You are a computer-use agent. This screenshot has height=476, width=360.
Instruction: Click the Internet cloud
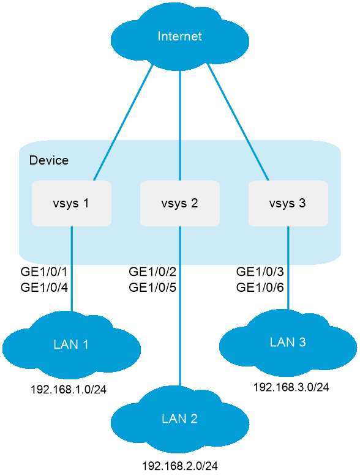(180, 37)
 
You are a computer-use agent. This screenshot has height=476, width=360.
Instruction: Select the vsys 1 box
(72, 203)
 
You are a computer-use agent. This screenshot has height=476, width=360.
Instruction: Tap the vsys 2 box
(180, 203)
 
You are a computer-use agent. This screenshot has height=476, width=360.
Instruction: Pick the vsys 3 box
(288, 203)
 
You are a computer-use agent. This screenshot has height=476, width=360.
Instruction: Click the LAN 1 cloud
(72, 345)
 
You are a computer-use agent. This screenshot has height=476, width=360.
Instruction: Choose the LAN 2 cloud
(180, 420)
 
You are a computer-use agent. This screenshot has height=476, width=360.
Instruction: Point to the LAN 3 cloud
(288, 343)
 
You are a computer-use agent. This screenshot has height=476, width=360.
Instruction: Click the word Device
(49, 160)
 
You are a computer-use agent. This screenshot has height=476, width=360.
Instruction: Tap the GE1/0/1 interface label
(44, 272)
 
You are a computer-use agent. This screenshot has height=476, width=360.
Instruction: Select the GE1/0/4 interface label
(44, 287)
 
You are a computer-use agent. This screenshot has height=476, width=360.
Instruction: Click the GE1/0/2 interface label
(152, 272)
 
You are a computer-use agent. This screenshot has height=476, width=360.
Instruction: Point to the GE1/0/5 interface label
(152, 287)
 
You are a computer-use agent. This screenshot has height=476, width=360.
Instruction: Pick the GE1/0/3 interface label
(260, 272)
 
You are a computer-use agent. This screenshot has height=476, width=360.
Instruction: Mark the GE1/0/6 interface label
(260, 287)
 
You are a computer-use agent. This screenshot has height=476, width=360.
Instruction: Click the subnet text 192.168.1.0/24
(69, 390)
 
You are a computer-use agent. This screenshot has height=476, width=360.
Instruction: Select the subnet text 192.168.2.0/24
(180, 466)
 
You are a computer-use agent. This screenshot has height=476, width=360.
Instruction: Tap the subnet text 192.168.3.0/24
(291, 387)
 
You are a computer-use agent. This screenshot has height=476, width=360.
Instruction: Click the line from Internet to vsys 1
(123, 122)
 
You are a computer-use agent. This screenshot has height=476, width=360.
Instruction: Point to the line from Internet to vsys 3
(238, 122)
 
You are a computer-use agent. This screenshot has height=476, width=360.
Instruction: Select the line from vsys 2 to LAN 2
(180, 306)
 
